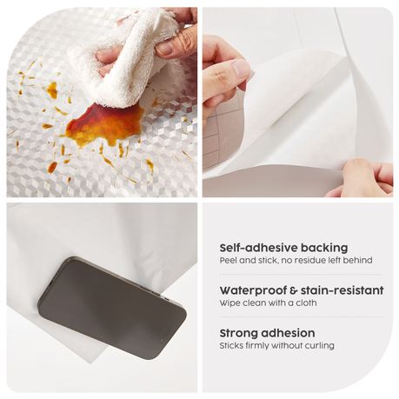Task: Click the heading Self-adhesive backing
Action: tap(283, 248)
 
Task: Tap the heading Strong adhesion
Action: tap(267, 333)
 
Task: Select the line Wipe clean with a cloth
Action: tap(268, 303)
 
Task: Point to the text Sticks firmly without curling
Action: tap(276, 346)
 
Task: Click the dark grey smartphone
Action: tap(112, 308)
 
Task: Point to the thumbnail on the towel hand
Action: tap(165, 48)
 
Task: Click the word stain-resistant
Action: tap(342, 290)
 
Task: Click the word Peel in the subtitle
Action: tap(228, 261)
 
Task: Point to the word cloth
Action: tap(305, 303)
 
